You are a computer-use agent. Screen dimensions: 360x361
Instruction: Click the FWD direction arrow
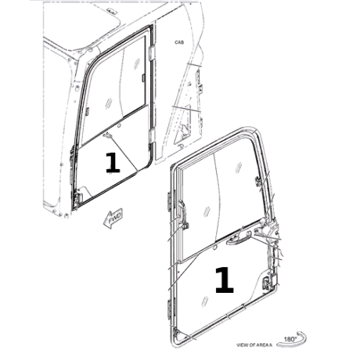(113, 218)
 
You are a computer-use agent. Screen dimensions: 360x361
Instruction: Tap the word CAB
(179, 42)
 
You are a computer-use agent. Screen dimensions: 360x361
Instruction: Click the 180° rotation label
(290, 339)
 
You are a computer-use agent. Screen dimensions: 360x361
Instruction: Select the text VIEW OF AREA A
(254, 345)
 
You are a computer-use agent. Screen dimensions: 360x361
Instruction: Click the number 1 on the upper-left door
(113, 163)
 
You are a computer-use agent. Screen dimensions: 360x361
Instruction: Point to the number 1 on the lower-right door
(224, 280)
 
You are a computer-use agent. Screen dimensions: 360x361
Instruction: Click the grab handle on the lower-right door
(238, 237)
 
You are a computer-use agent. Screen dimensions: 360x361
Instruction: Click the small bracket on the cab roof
(112, 10)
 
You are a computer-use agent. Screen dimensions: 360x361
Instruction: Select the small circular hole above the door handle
(215, 247)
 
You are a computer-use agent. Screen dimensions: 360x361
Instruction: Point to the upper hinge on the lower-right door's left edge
(168, 200)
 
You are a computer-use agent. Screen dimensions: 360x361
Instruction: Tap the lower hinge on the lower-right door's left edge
(168, 309)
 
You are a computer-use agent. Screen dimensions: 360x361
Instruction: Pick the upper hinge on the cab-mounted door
(152, 53)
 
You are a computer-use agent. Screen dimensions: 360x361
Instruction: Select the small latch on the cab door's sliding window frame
(143, 78)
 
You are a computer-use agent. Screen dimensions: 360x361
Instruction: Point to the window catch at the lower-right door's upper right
(257, 181)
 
